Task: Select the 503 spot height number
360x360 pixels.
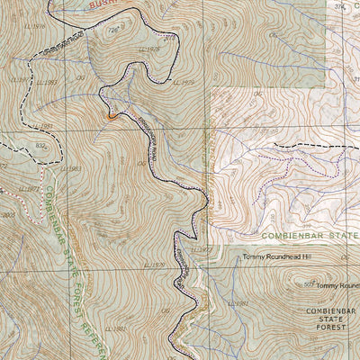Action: point(309,283)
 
